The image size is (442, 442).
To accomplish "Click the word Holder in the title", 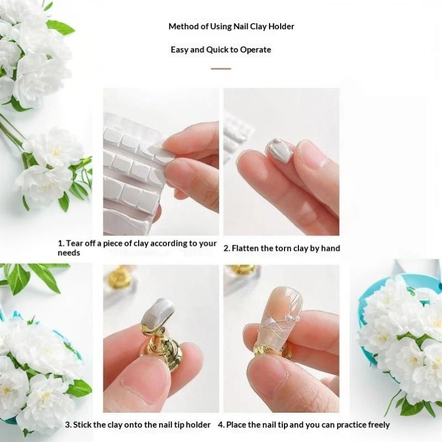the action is click(x=281, y=27).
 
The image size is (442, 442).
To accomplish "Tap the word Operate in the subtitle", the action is click(x=255, y=50).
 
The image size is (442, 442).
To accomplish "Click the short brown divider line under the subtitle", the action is click(x=221, y=69).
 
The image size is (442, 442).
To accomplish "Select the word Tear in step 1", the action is click(x=73, y=243).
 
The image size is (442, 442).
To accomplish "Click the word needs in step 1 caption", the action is click(x=69, y=253).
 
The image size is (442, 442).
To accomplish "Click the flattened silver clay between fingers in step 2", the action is click(x=278, y=150).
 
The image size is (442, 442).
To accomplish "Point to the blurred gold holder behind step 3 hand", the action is click(x=119, y=277).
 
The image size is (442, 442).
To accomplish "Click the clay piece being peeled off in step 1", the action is click(x=162, y=152).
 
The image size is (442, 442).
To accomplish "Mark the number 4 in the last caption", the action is click(x=220, y=425).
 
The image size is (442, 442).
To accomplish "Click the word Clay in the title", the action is click(x=258, y=27).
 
